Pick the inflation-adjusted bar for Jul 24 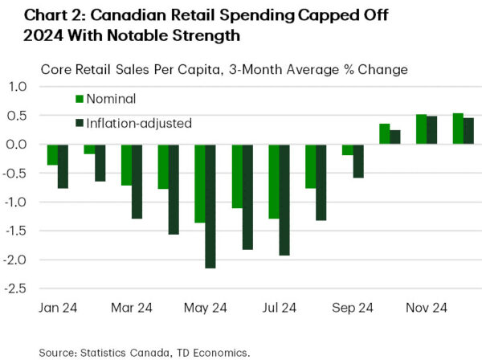(284, 200)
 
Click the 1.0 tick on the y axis (18, 87)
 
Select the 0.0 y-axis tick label (18, 145)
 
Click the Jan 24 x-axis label (58, 308)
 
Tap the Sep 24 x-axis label (353, 308)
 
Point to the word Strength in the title (211, 35)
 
